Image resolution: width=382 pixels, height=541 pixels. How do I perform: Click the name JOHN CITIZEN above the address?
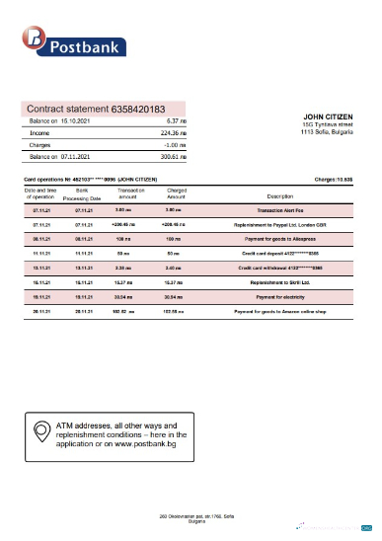tap(325, 116)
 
